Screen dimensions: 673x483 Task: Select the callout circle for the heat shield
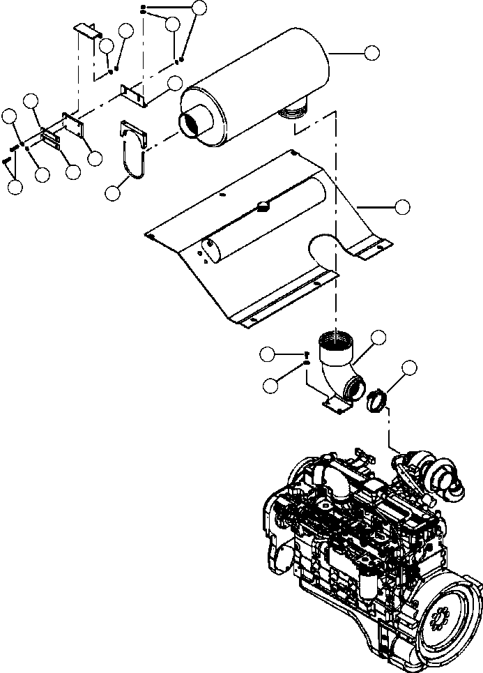tap(401, 206)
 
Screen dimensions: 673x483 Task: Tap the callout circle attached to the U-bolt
tap(113, 193)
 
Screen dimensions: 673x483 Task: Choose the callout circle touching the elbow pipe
tap(379, 338)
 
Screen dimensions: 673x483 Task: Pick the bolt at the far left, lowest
tap(6, 162)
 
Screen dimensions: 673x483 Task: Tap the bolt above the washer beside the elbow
tap(307, 354)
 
